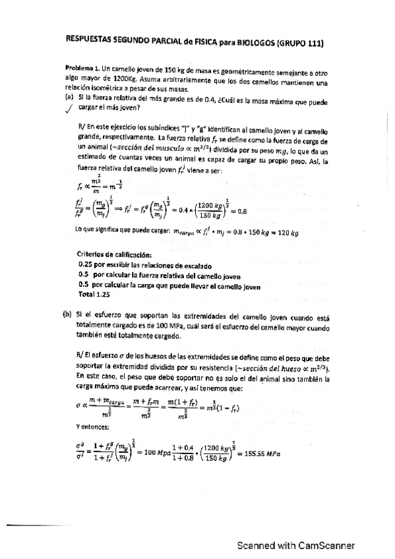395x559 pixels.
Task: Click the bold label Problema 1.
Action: [82, 69]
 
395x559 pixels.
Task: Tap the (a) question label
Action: [69, 97]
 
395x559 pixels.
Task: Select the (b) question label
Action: [67, 314]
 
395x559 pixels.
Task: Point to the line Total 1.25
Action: [94, 295]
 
